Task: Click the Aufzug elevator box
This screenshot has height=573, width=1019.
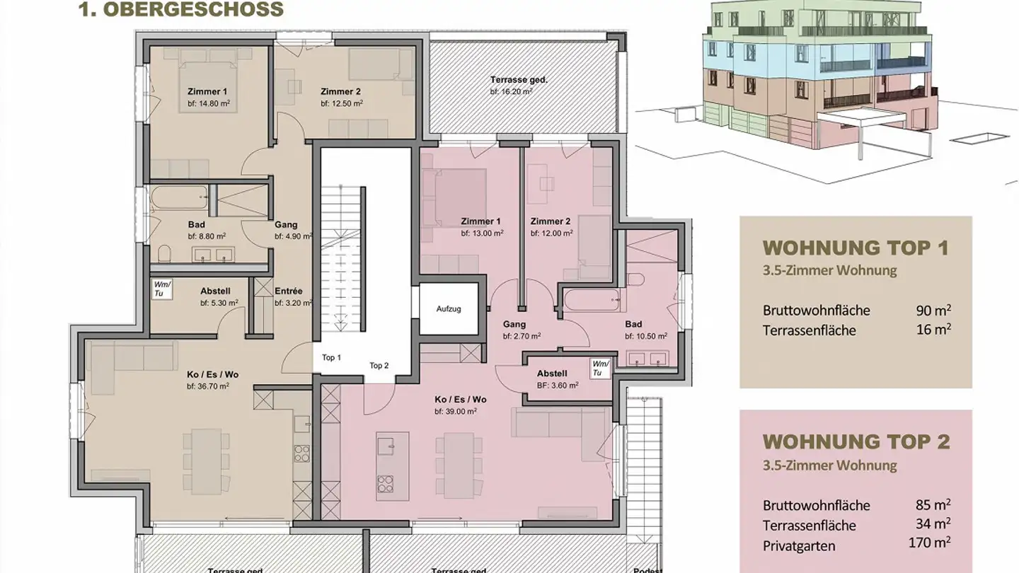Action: pos(449,309)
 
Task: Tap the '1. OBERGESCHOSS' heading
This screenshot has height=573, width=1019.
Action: pos(180,10)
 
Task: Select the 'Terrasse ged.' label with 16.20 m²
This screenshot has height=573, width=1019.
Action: pos(519,80)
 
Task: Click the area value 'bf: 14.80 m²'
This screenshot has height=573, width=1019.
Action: pos(209,103)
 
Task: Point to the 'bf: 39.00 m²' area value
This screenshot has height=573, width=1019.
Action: pos(455,411)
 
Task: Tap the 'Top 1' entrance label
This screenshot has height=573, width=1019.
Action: pos(331,357)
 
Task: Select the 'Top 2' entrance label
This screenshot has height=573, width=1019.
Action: pos(379,365)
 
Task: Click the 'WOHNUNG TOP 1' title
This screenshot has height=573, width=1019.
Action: pos(856,248)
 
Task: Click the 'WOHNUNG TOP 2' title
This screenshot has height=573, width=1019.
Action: pos(856,441)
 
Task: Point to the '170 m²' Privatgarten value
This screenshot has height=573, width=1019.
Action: pos(928,544)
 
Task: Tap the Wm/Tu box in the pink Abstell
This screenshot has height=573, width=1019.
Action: pos(600,368)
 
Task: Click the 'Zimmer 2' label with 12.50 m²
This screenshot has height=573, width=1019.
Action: pos(340,91)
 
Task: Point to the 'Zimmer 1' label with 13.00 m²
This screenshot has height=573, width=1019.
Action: pos(481,221)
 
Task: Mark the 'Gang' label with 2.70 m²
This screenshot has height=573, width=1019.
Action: pos(514,324)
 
